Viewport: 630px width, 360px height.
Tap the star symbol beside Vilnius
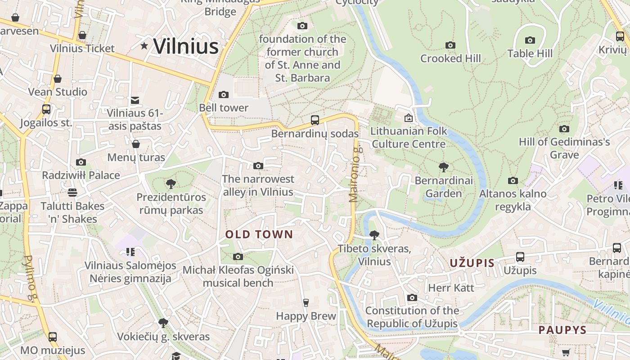[x=144, y=45]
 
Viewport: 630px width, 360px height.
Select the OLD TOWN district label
[x=259, y=234]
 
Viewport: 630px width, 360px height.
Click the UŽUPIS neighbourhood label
[x=472, y=263]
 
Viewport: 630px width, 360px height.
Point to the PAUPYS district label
[x=562, y=330]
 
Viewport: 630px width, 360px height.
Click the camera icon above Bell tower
[x=223, y=94]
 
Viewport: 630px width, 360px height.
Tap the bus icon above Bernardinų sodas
[x=315, y=120]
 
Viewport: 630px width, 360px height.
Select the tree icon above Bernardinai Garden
[x=444, y=167]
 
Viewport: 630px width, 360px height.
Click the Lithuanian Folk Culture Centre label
[x=409, y=137]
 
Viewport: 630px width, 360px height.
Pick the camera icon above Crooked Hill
[x=450, y=45]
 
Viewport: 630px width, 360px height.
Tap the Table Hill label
[x=530, y=54]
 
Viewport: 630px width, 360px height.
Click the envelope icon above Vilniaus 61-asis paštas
[x=135, y=100]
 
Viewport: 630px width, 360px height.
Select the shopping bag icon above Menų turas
[x=135, y=144]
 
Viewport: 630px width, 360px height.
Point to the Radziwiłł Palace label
[x=81, y=175]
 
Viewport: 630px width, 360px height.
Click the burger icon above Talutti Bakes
[x=72, y=193]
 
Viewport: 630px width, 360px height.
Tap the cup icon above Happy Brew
[x=306, y=302]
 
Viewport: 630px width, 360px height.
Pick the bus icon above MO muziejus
[x=53, y=337]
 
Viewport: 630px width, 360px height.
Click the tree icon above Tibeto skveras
[x=374, y=235]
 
